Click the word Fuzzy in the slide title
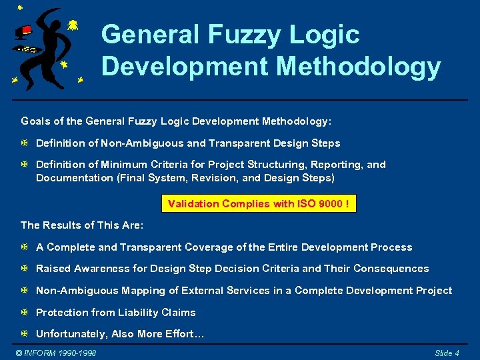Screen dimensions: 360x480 point(241,35)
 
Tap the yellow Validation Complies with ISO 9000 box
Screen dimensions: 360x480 point(259,203)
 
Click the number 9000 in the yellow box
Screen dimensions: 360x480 point(331,203)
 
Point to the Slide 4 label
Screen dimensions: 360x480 point(447,353)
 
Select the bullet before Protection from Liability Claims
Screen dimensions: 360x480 point(25,313)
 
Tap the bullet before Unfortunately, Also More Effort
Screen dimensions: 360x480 point(25,334)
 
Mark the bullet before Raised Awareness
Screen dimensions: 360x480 point(25,269)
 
